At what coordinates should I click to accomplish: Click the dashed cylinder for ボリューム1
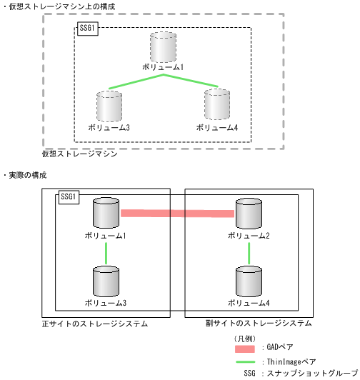pos(163,47)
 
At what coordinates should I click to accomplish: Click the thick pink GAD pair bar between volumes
pos(177,213)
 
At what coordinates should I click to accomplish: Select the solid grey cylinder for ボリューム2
pos(248,214)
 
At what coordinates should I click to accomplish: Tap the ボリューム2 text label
pos(248,234)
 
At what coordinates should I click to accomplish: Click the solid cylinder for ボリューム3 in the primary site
pos(106,282)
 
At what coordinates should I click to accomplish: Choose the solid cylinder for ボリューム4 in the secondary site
pos(248,282)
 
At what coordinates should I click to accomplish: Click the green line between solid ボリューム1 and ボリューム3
pos(106,252)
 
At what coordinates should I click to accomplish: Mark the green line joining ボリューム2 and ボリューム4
pos(248,252)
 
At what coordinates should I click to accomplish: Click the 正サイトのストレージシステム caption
pos(95,324)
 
